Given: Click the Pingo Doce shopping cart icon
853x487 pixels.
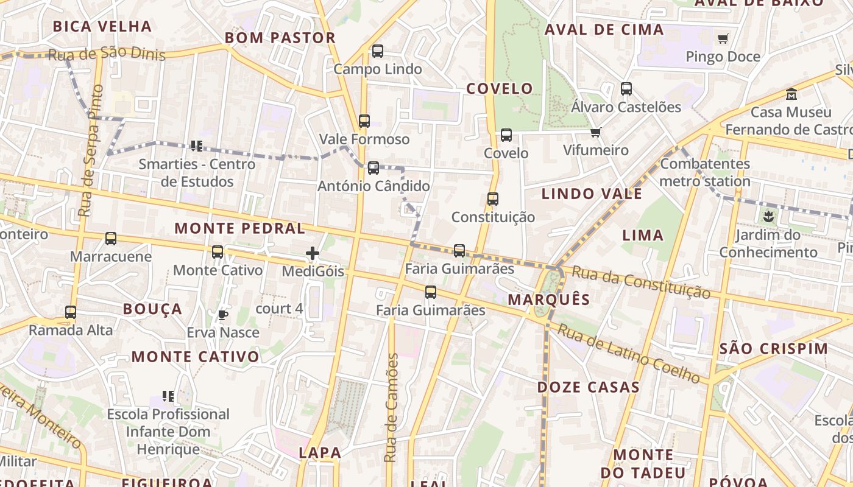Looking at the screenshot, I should point(723,39).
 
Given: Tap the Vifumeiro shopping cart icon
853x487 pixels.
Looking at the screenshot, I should point(595,133).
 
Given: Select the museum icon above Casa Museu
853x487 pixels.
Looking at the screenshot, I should point(791,94).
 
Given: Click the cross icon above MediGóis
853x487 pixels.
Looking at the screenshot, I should point(313,253).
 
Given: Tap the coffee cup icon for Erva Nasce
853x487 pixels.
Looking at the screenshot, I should point(223,315).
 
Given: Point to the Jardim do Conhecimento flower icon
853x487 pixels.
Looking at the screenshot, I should point(768,216).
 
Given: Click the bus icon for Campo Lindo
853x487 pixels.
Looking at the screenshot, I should point(378,51).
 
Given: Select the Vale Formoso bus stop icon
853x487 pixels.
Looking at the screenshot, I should point(364,121).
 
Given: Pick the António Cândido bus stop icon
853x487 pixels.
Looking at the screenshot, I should point(373,168).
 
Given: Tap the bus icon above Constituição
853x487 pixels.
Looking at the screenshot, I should point(493,199).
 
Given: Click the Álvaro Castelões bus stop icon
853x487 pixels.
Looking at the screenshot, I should point(626,89).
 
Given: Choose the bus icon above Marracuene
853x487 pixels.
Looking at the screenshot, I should point(111,239).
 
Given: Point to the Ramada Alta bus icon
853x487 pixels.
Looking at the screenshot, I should point(71,312).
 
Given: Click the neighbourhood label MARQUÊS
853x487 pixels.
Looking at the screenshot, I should point(549,300).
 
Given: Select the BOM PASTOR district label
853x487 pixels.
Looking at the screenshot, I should point(280,38).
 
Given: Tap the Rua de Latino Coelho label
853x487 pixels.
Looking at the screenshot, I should point(629,354).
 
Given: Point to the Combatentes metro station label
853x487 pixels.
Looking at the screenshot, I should point(705,172).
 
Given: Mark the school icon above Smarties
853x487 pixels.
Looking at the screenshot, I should point(196,146).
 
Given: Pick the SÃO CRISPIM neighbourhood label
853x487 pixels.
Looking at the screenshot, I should point(774,349).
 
